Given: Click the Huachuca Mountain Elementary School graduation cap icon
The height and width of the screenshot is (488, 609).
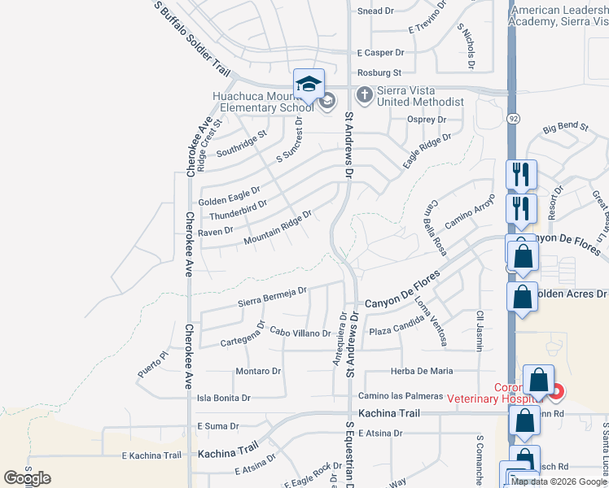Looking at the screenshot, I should (x=309, y=85).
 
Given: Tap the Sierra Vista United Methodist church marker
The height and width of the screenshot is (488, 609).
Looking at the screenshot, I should (x=365, y=95).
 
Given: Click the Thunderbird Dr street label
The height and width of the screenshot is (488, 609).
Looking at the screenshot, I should (x=238, y=210).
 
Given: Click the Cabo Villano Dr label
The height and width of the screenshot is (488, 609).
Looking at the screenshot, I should (x=300, y=333).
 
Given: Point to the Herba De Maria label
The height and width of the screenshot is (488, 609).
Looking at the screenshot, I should (x=422, y=371).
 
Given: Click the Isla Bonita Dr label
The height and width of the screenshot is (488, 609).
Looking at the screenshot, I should (x=224, y=399).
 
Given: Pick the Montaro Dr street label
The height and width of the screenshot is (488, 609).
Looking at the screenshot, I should (x=258, y=371).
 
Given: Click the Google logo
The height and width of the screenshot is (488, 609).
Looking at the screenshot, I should (x=27, y=478).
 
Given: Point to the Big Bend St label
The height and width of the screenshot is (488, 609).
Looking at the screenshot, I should (x=565, y=127).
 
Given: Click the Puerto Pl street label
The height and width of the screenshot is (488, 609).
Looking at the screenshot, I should (x=151, y=364).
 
